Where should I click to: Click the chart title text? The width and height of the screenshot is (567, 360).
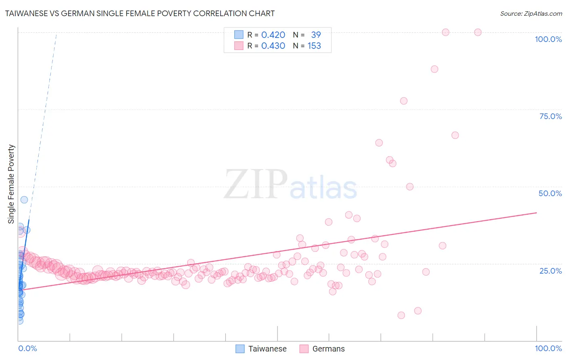(140, 13)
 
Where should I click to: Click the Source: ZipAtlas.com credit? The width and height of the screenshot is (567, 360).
(531, 13)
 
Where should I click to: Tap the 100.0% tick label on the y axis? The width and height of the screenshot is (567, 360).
(548, 39)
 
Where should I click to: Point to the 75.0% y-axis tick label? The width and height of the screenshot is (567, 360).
(550, 116)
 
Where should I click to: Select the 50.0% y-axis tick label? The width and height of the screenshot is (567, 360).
(550, 193)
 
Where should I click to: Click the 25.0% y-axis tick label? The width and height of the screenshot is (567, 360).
(550, 270)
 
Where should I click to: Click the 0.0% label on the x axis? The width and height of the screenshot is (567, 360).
(27, 348)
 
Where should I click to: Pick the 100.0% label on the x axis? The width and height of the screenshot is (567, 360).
(548, 348)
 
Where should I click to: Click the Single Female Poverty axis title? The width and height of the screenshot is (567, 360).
(11, 184)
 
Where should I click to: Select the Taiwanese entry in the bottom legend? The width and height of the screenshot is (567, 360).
(267, 349)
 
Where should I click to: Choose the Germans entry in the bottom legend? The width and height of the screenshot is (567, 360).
(328, 349)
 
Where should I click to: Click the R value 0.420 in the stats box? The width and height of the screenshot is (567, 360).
(273, 35)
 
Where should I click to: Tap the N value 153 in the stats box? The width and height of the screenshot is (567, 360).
(314, 46)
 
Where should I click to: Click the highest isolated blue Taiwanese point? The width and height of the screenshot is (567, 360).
(24, 200)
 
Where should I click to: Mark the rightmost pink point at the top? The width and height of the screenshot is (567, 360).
(478, 32)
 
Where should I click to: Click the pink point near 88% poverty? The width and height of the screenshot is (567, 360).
(434, 69)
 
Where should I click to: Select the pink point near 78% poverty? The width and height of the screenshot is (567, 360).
(404, 101)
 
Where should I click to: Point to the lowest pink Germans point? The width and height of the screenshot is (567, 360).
(401, 315)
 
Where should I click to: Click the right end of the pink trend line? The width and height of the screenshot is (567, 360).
(536, 212)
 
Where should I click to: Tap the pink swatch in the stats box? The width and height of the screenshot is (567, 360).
(239, 46)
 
